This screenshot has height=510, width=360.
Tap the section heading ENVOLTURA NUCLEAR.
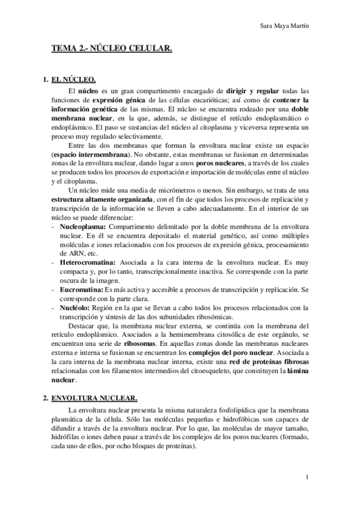tap(94, 398)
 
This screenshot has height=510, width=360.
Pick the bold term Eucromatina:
tap(81, 290)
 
